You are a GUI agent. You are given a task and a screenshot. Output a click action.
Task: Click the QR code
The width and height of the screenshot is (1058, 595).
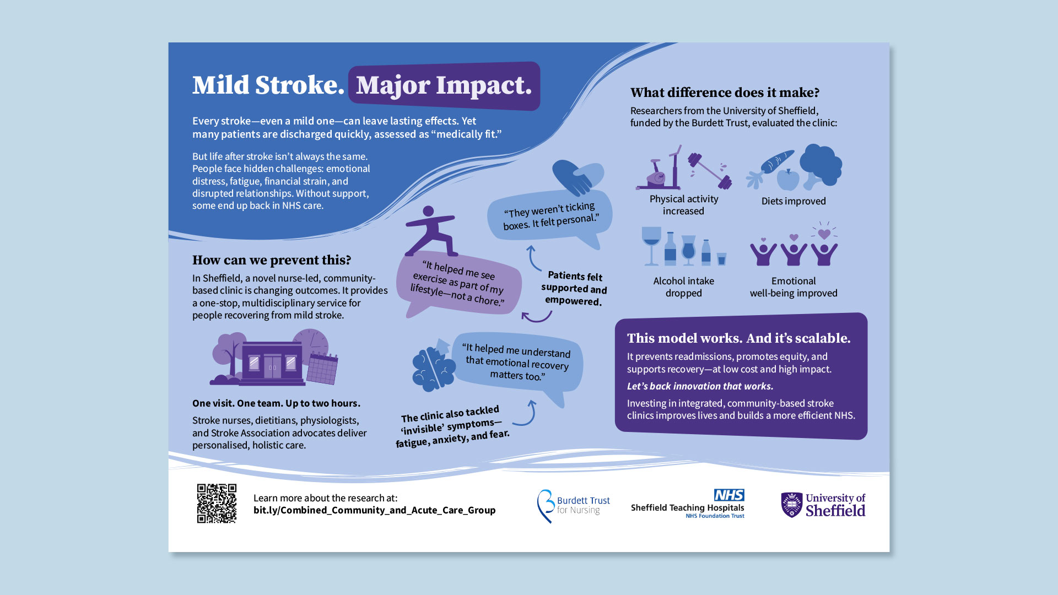point(217,504)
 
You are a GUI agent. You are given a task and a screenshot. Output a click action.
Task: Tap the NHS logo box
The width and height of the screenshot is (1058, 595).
point(729,495)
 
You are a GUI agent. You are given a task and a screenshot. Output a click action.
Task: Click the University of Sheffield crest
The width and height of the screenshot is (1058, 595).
point(792,505)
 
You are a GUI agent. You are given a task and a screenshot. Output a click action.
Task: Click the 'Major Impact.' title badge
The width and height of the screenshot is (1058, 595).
point(444,86)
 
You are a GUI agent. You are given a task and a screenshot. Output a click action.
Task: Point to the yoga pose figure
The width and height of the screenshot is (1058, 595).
point(430,231)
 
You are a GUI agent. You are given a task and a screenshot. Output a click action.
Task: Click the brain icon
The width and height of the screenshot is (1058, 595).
point(434,367)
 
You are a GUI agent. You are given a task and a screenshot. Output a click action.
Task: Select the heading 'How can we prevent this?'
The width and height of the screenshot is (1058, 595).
point(272,260)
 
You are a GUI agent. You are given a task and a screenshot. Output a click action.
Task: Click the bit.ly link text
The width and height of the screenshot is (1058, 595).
point(375,510)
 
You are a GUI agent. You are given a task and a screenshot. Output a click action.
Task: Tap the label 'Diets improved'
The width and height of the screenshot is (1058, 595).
point(793,201)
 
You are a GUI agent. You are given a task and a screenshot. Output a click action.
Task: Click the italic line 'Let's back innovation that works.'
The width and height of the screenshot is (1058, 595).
point(700,386)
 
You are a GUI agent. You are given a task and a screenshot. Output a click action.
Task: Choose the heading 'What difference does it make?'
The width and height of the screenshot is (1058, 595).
point(725,93)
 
